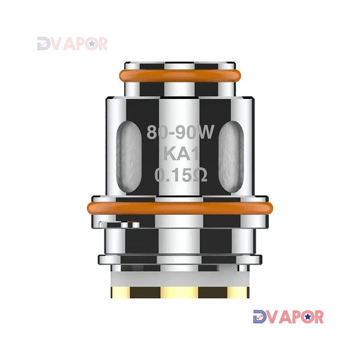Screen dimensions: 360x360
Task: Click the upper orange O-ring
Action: point(180,76)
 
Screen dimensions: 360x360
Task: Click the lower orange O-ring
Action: point(180,209)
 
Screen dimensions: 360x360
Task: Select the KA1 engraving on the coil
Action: point(179,154)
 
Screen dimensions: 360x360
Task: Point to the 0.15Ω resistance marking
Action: point(179,175)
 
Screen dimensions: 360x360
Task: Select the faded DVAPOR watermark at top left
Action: point(72,43)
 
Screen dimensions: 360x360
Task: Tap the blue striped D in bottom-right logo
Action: point(260,317)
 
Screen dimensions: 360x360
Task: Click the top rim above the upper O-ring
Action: point(180,62)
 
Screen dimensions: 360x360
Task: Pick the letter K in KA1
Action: point(169,154)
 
